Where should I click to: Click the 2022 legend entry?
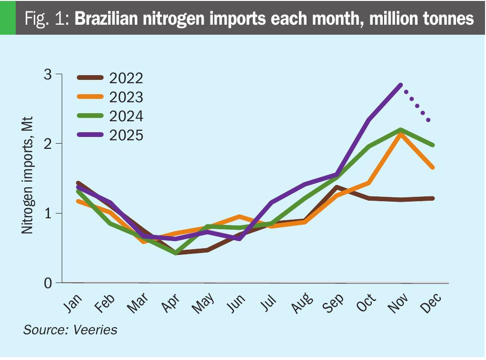click(x=109, y=78)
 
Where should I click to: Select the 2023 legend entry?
click(x=109, y=97)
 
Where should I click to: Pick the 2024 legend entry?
click(x=109, y=116)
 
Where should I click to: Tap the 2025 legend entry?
click(x=109, y=135)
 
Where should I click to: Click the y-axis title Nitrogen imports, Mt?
click(x=27, y=179)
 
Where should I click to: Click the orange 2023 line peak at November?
click(x=401, y=134)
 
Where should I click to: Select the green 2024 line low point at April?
click(x=176, y=253)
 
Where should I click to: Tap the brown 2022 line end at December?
click(x=432, y=198)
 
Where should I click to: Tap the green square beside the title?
click(x=8, y=18)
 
